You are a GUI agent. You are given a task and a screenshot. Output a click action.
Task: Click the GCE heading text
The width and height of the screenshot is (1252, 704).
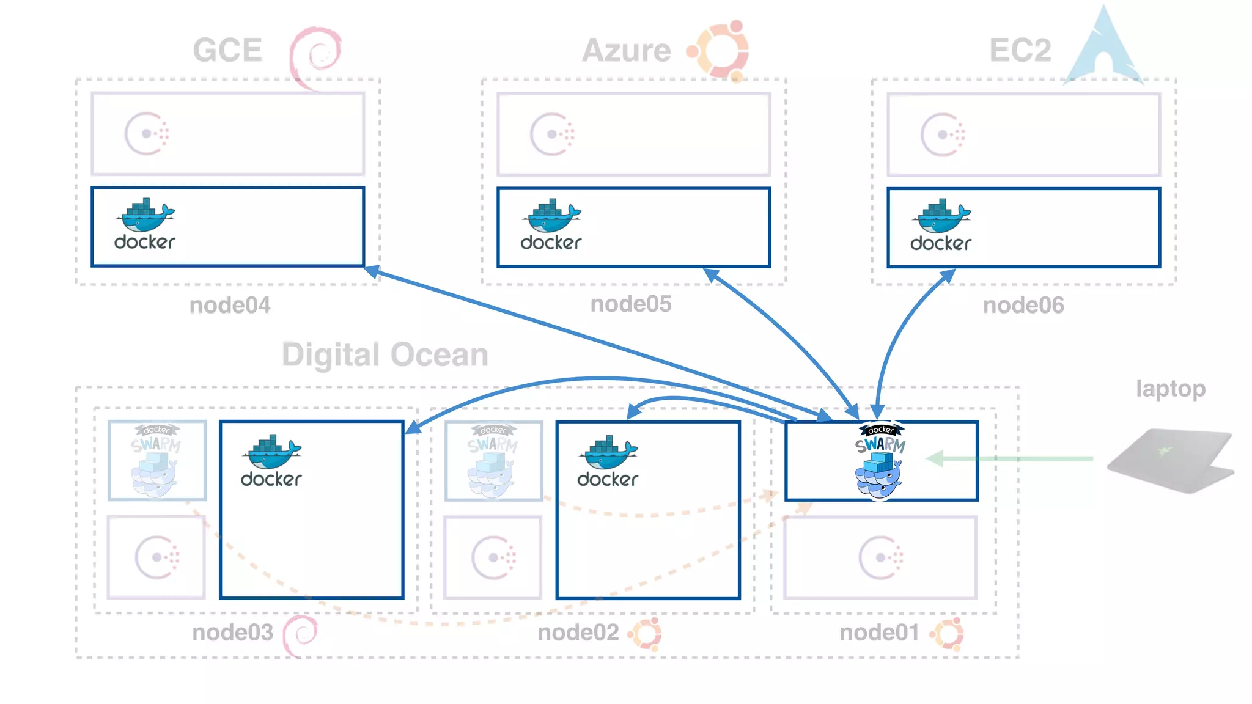227,50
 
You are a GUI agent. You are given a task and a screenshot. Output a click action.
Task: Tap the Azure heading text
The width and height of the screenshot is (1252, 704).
627,50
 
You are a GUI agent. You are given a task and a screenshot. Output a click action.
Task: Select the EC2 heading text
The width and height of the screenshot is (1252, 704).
1020,50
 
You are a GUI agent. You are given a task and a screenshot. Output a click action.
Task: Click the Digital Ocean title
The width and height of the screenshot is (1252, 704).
385,355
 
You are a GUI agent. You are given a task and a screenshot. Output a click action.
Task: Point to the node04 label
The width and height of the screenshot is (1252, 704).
230,305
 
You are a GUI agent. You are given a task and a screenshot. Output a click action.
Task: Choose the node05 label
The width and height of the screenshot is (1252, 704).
631,304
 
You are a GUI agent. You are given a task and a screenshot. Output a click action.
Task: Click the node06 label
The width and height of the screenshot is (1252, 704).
1023,305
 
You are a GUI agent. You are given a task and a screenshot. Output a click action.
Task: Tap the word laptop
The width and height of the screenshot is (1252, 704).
1170,389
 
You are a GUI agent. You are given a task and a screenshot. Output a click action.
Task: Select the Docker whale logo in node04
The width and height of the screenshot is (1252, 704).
145,224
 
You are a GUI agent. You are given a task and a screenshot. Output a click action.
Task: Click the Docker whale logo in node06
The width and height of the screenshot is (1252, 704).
941,225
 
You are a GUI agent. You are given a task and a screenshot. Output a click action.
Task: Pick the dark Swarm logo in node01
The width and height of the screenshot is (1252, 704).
880,460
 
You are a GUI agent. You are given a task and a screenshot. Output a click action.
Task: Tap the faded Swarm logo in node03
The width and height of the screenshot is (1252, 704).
156,460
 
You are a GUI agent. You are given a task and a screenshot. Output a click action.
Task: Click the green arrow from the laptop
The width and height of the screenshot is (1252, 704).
1009,458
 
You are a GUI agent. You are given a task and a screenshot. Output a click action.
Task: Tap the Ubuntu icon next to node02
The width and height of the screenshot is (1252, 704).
646,633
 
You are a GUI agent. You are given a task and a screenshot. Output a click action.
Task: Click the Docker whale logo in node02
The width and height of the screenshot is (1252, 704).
608,461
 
